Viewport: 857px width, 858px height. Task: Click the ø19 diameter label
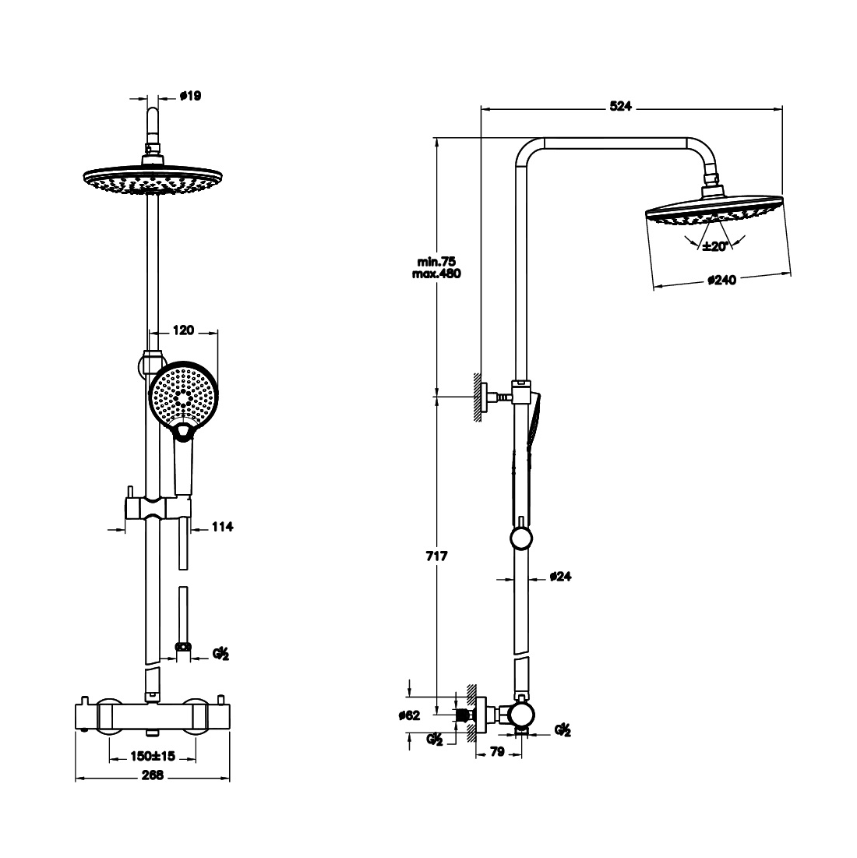click(x=191, y=96)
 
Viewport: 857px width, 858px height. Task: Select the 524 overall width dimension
click(x=619, y=107)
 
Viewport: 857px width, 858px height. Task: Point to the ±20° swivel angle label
click(x=714, y=246)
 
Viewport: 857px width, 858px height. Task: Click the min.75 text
click(x=436, y=262)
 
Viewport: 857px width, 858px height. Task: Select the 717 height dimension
click(x=436, y=557)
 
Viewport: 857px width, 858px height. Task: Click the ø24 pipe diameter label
click(x=561, y=577)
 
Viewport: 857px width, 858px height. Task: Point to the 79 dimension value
click(x=498, y=752)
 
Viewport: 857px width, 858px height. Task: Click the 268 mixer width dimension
click(x=153, y=776)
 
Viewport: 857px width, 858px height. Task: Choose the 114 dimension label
click(x=223, y=527)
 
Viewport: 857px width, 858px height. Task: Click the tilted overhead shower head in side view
click(x=713, y=209)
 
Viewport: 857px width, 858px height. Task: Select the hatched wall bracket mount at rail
click(x=475, y=397)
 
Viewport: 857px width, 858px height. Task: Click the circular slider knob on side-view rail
click(x=520, y=538)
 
